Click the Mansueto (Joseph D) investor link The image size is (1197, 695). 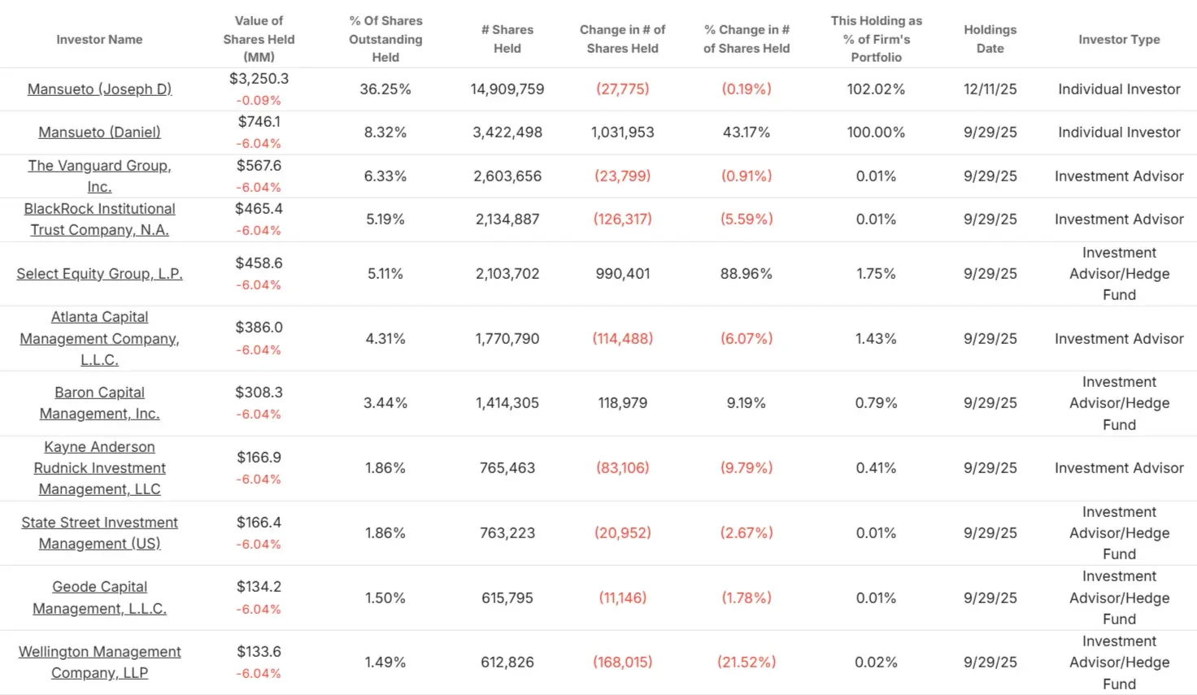point(99,89)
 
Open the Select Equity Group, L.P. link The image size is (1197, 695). point(99,274)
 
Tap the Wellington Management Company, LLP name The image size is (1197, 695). point(99,662)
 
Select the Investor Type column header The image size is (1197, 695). point(1119,39)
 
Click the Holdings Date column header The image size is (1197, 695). point(990,39)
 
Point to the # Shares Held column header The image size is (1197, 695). point(507,39)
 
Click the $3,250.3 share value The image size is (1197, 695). point(259,79)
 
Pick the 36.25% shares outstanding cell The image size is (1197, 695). point(385,89)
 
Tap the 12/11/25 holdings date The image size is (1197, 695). point(990,89)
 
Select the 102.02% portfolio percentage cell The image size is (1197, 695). point(876,89)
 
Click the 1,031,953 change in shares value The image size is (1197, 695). point(622,132)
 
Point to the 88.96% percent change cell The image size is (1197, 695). point(746,274)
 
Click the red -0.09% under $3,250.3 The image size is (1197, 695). point(259,101)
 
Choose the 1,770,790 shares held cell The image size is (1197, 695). point(507,339)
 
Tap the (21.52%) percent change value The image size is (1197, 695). point(746,662)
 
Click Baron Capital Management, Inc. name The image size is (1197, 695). point(99,403)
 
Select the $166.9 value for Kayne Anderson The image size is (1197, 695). point(259,458)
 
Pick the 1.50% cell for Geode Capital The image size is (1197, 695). point(385,598)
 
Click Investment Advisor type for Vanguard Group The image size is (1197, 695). point(1119,176)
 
